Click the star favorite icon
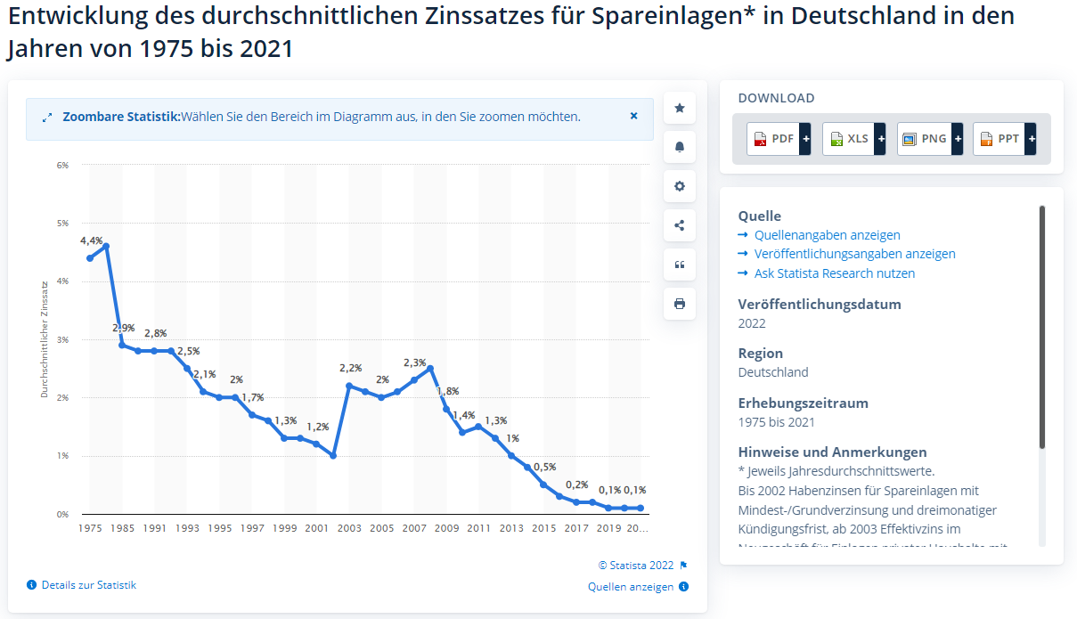tap(680, 108)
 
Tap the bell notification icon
tap(680, 147)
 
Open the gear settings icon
tap(680, 186)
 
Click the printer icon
tap(680, 304)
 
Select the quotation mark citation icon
tap(680, 265)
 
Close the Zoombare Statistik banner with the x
tap(634, 116)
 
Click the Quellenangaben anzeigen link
tap(827, 235)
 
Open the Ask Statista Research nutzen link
tap(834, 273)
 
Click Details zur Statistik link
tap(88, 585)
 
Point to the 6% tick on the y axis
tap(62, 165)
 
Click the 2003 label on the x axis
tap(349, 528)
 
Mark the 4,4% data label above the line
tap(91, 241)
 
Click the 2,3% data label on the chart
tap(414, 362)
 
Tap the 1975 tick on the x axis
tap(90, 528)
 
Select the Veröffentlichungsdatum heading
tap(820, 305)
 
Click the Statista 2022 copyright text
tap(636, 565)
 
